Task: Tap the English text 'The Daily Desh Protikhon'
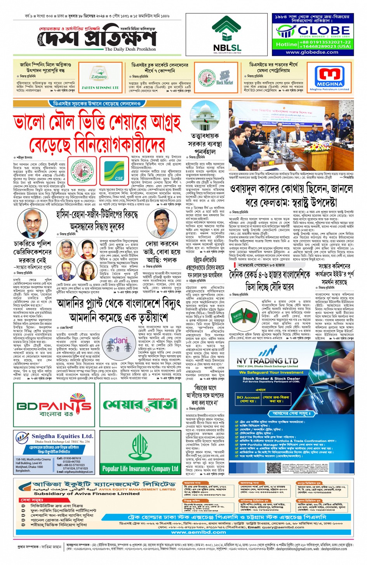[x=130, y=49]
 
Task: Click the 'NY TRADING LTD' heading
[x=267, y=361]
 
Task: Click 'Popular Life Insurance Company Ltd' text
[x=140, y=468]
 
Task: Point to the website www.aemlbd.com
[x=198, y=532]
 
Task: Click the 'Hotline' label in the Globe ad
[x=286, y=44]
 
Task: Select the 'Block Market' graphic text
[x=224, y=82]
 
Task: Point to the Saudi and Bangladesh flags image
[x=242, y=317]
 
